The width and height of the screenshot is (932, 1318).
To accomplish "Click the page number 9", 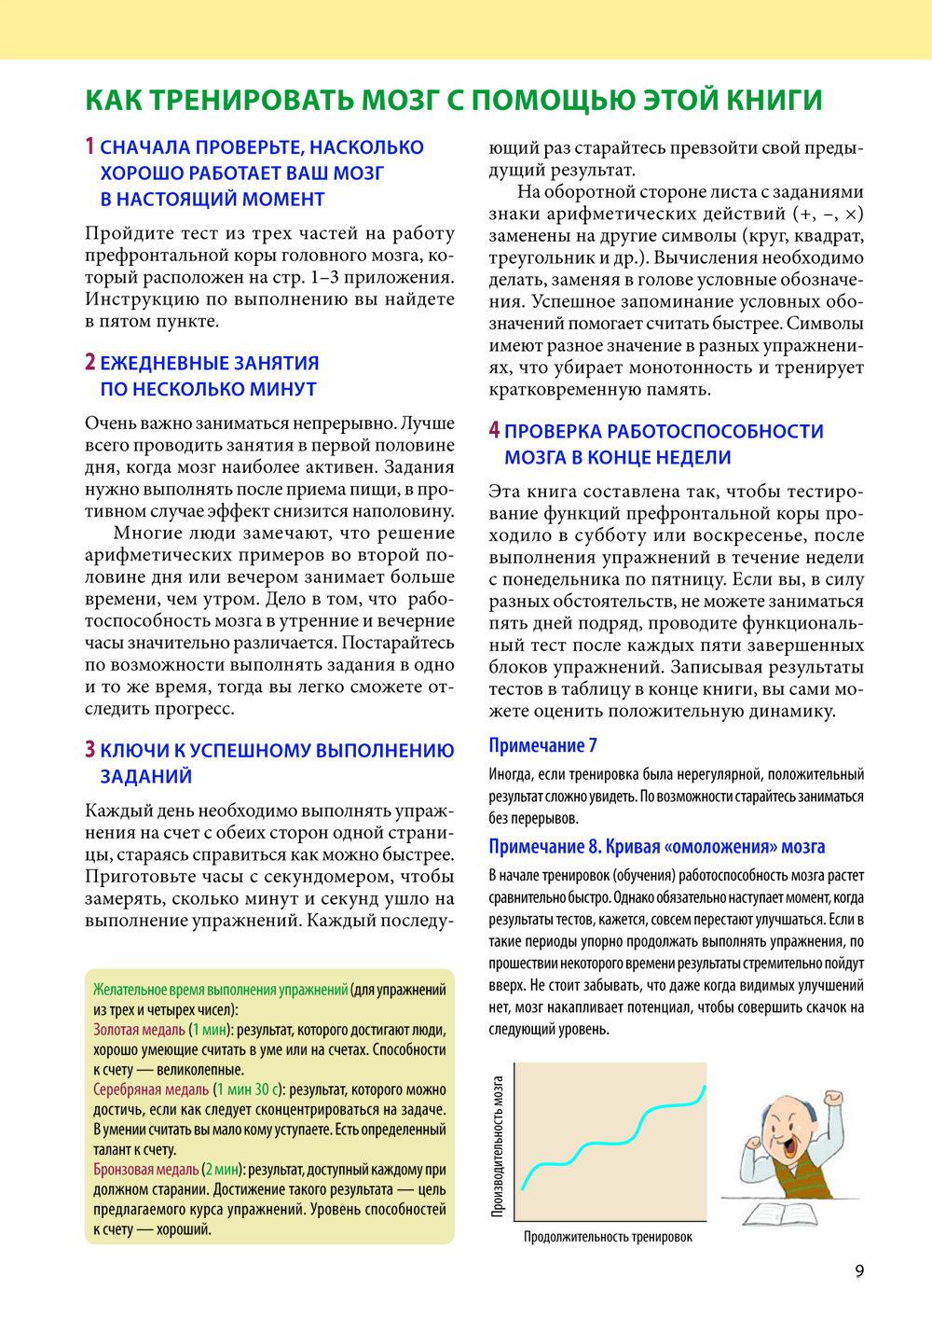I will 859,1270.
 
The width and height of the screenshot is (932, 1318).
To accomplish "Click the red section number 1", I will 89,146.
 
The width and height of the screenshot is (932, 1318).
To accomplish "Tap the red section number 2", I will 89,362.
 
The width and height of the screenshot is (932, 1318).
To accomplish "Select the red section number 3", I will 89,749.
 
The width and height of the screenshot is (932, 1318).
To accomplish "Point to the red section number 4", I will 494,430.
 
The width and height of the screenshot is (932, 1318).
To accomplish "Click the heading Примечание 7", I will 542,745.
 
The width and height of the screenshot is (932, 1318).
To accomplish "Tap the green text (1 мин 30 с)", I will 249,1089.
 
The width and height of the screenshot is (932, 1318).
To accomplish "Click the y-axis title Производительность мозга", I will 498,1146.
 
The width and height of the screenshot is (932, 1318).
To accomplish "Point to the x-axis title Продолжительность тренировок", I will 608,1237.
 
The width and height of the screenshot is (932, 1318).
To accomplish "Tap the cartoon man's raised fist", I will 833,1098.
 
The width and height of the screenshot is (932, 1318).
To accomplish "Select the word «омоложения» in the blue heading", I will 720,847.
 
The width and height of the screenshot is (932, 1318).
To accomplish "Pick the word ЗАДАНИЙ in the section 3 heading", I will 145,776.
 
